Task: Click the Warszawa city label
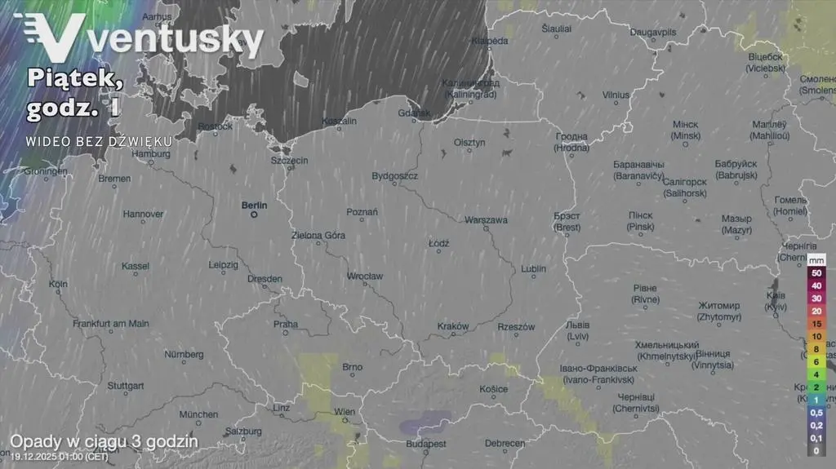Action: tap(486, 220)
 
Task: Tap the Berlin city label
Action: tap(254, 206)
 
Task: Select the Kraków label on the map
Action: tap(453, 326)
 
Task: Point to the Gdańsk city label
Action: tap(414, 113)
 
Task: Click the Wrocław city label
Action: tap(364, 277)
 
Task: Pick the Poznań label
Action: tap(362, 212)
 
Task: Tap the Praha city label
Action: tap(285, 324)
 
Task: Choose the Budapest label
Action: tap(426, 444)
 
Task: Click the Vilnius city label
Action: tap(616, 95)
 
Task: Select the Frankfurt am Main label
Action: tap(111, 324)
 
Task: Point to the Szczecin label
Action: tap(289, 161)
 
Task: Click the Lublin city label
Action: tap(533, 268)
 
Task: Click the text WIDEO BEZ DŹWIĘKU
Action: tap(98, 141)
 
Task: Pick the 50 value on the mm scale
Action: tap(816, 273)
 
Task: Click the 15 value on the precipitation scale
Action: tap(816, 324)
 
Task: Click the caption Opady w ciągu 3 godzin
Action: tap(104, 440)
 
